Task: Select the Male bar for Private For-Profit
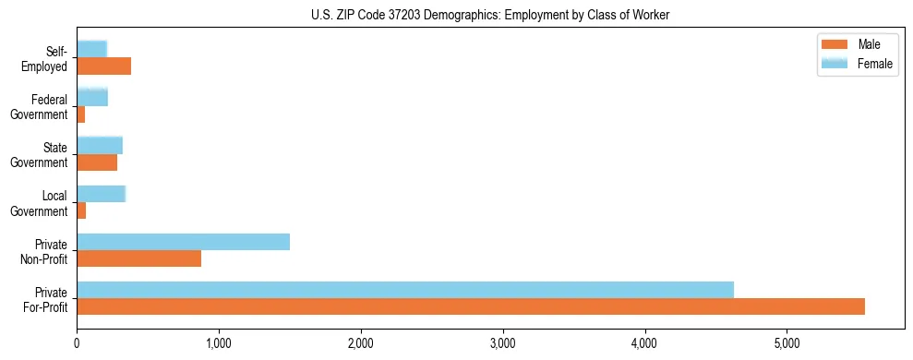click(x=471, y=306)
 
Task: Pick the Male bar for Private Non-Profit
click(x=138, y=258)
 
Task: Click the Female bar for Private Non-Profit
click(x=183, y=242)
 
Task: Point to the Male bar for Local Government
click(x=81, y=210)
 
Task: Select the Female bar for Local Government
click(x=101, y=194)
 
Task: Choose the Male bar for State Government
click(x=97, y=162)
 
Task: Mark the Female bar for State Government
click(x=100, y=145)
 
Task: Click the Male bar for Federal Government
click(x=81, y=114)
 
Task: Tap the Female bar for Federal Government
click(x=92, y=97)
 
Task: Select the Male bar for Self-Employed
click(x=103, y=66)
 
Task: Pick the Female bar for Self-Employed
click(x=92, y=48)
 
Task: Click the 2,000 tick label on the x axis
click(x=361, y=343)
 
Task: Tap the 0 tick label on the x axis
click(x=77, y=343)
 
